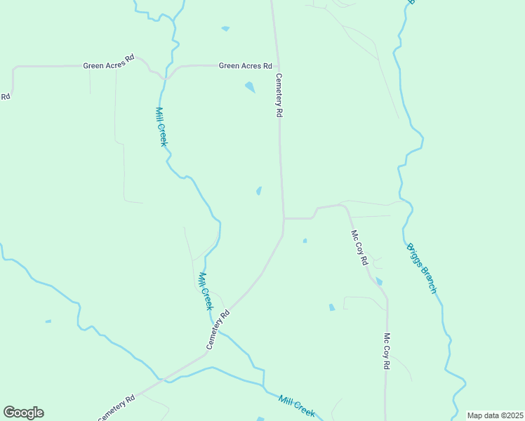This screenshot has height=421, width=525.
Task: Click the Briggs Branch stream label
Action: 422,269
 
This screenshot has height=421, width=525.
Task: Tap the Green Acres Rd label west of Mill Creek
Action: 109,66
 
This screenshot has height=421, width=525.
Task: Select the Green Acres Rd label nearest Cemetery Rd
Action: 245,66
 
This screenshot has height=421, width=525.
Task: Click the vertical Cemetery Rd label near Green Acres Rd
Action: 279,95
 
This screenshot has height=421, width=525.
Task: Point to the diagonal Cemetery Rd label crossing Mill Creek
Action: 218,330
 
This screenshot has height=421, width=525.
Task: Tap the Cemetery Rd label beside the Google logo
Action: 116,408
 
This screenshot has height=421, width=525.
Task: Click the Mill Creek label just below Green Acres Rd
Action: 161,127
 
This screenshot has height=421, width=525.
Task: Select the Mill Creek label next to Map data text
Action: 296,406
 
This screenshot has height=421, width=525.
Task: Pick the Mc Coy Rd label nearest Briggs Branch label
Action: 359,248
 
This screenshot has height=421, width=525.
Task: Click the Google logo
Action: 23,413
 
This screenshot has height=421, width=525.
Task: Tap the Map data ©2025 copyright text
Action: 495,415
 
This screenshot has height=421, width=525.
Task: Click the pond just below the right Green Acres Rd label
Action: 250,88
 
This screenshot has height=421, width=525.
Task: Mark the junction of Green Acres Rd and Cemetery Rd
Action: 274,66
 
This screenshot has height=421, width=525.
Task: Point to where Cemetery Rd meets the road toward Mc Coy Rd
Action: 284,218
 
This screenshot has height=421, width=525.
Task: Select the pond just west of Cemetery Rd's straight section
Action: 259,191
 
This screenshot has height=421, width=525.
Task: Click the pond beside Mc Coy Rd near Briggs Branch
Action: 379,281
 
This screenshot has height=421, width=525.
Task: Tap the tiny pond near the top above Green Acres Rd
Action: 225,29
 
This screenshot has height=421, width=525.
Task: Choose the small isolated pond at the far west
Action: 48,321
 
